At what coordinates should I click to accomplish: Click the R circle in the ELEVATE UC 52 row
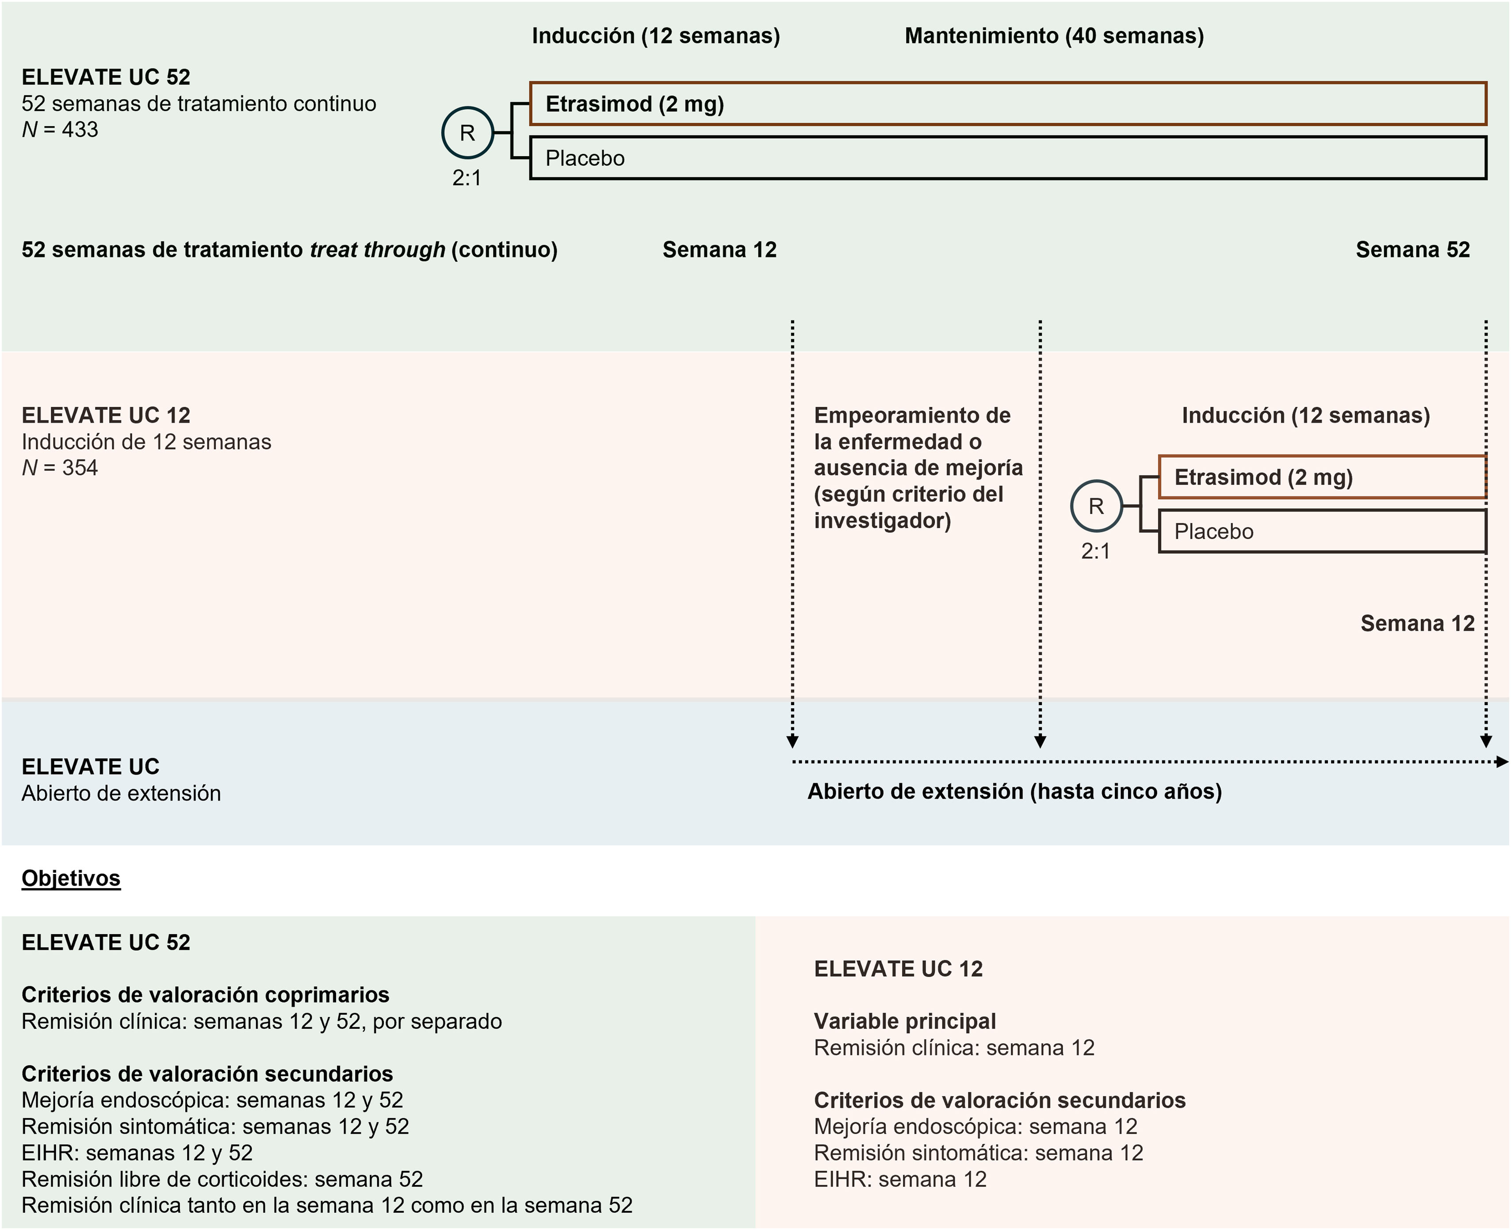[467, 133]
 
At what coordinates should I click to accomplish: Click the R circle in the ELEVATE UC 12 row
[1096, 506]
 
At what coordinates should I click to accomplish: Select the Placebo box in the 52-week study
[1007, 158]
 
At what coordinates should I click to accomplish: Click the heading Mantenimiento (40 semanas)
[1054, 35]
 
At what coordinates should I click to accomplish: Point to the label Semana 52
[1412, 249]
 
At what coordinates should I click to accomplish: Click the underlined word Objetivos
[71, 878]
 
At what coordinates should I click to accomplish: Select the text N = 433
[60, 130]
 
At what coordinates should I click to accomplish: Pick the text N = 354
[60, 468]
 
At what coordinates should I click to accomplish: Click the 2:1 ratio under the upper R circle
[467, 178]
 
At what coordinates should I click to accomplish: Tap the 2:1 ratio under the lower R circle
[1095, 551]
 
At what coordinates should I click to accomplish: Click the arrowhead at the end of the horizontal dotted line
[1501, 762]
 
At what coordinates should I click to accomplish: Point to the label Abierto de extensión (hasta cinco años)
[1014, 791]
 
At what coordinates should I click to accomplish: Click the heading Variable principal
[904, 1021]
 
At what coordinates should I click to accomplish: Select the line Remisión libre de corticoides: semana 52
[222, 1179]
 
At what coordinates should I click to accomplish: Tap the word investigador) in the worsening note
[882, 521]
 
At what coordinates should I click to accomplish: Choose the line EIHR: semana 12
[900, 1179]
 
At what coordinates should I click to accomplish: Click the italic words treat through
[377, 249]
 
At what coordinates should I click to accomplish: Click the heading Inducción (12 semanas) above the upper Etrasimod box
[656, 35]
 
